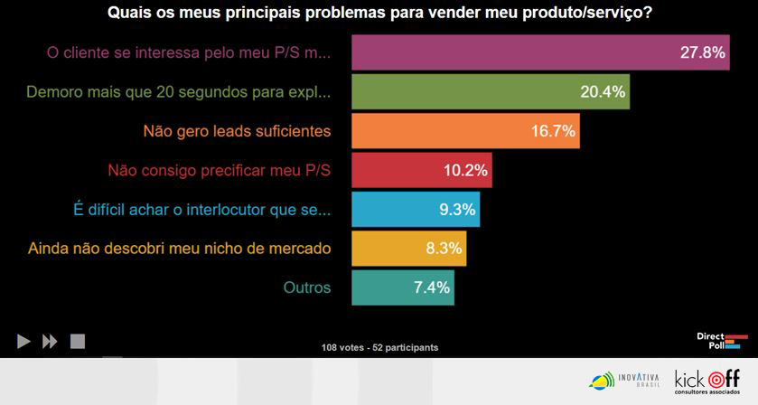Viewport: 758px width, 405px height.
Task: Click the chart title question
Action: click(380, 14)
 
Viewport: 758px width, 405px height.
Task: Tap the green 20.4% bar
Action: click(489, 91)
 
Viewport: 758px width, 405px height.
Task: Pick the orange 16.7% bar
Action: click(463, 131)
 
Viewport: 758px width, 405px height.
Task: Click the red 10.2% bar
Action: click(420, 170)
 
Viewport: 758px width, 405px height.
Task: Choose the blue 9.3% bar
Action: click(414, 209)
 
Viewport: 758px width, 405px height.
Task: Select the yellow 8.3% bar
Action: click(407, 248)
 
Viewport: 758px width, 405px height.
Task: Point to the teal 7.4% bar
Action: click(401, 287)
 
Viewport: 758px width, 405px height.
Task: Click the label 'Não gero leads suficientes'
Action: click(237, 131)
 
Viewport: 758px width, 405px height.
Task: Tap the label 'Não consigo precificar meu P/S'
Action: click(219, 170)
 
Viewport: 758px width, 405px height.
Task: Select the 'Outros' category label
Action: click(307, 287)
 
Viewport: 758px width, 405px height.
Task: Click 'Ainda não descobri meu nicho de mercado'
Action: click(180, 248)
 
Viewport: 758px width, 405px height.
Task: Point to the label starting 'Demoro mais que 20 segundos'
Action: click(179, 91)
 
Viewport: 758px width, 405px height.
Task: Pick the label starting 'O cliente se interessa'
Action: click(189, 52)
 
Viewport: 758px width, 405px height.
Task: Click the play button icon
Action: click(23, 342)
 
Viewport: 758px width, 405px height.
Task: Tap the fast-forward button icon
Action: click(51, 342)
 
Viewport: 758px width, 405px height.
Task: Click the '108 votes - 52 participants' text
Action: click(379, 347)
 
